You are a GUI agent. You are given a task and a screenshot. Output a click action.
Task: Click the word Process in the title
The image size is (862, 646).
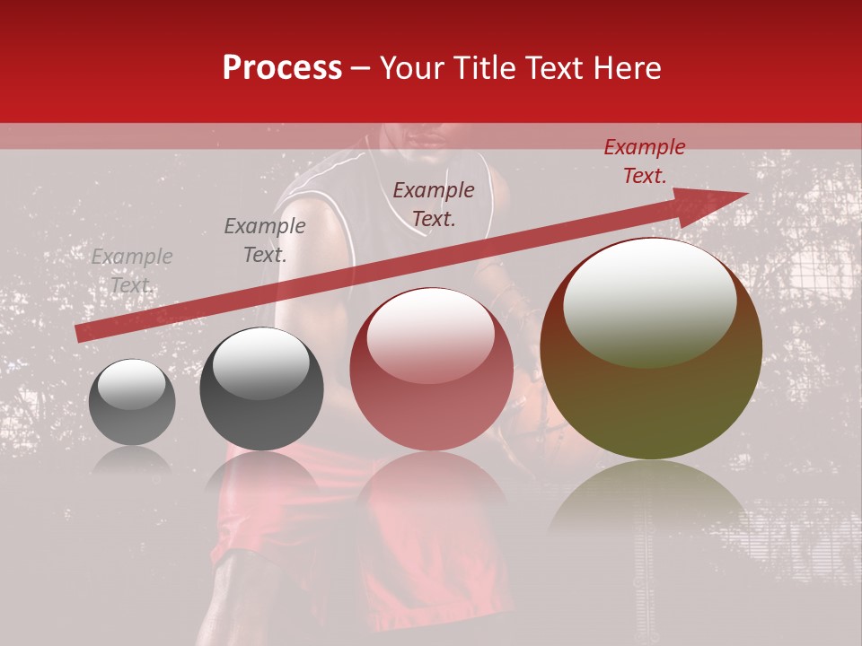tap(282, 68)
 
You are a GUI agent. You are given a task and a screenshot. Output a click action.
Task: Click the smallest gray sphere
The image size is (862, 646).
tap(132, 403)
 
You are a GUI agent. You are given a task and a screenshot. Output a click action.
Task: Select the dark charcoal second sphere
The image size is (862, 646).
tap(261, 388)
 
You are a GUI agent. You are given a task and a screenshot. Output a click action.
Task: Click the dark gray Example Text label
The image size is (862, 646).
tap(265, 240)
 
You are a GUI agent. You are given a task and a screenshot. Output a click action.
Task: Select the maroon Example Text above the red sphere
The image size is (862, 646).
tap(434, 204)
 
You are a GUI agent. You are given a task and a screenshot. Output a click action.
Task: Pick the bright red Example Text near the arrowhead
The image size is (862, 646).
tap(645, 161)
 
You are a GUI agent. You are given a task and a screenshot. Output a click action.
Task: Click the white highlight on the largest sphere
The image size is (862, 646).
tap(649, 301)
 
